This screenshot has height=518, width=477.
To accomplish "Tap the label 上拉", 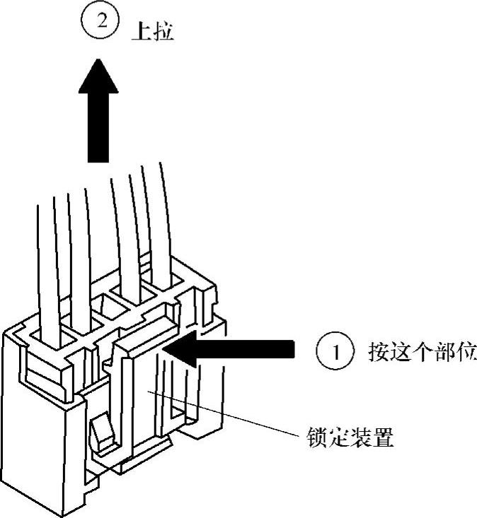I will tap(152, 33).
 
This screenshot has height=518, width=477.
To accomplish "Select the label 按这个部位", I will tap(421, 351).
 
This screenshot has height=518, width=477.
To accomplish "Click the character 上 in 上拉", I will tap(141, 33).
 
